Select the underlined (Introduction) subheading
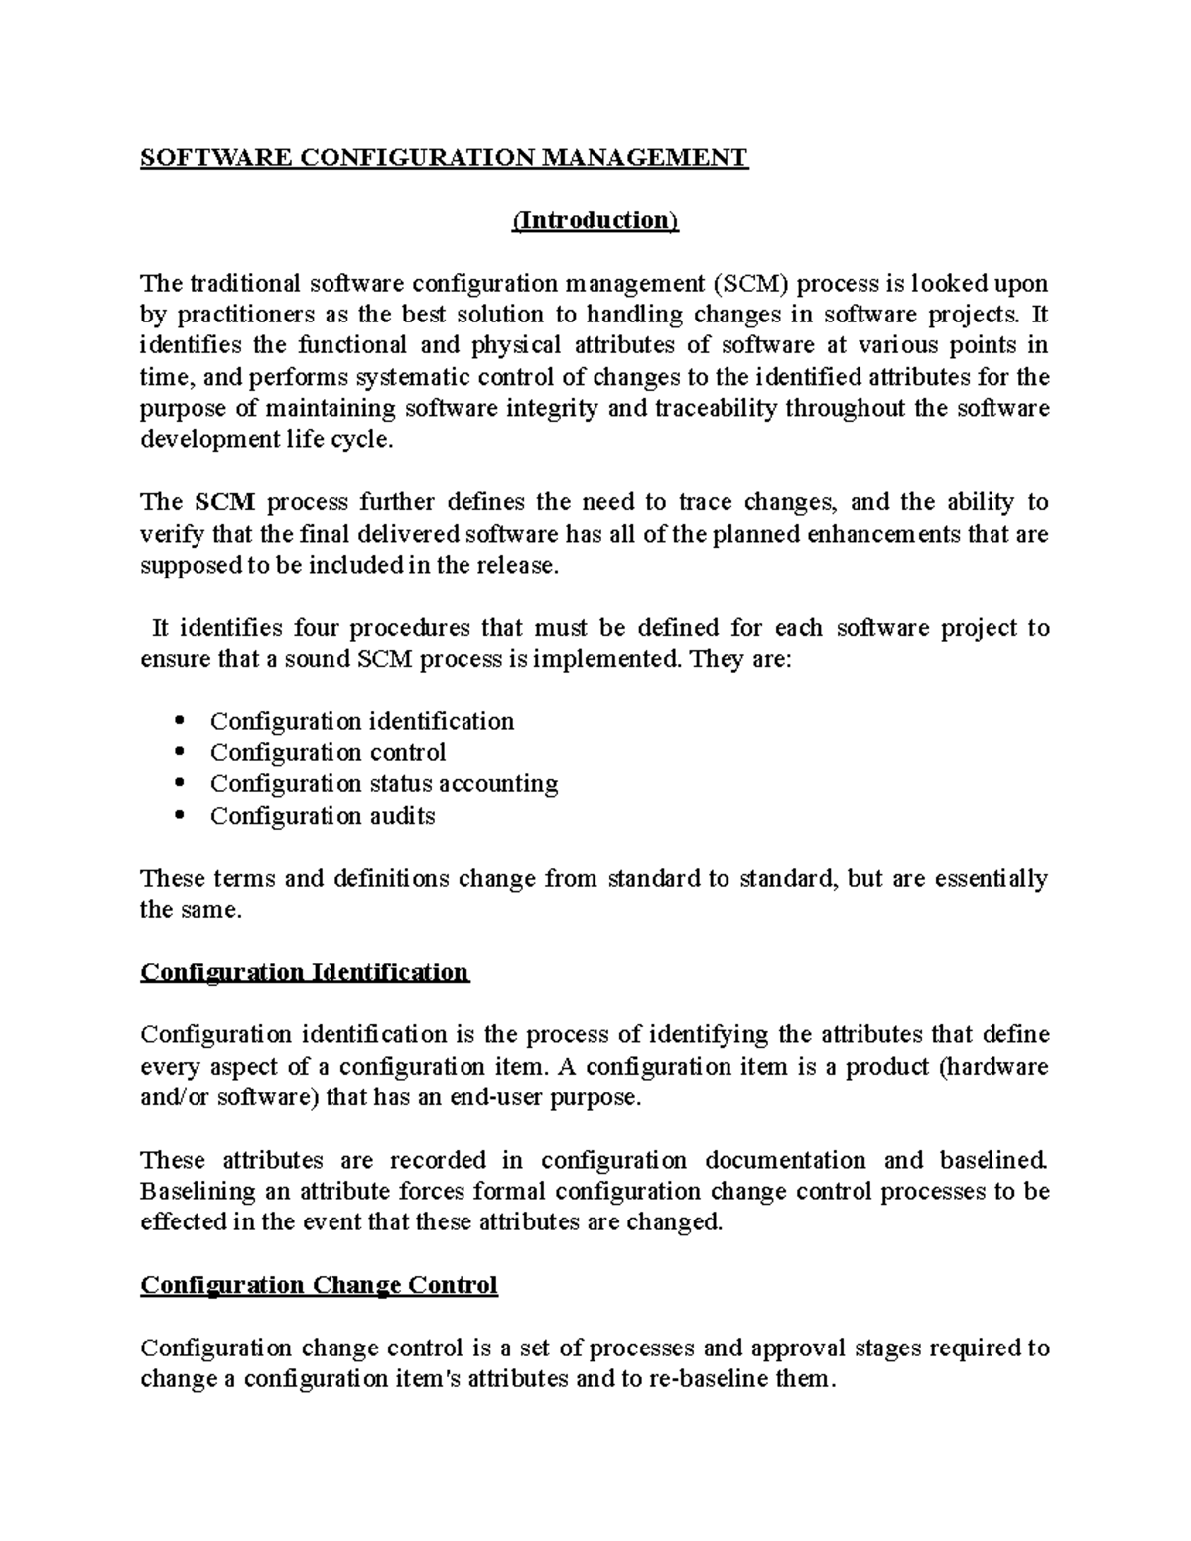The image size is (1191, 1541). tap(595, 220)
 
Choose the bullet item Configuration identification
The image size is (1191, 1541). tap(361, 721)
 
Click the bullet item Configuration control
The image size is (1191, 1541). tap(328, 752)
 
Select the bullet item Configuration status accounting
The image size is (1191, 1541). tap(383, 784)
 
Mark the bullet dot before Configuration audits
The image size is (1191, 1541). tap(179, 816)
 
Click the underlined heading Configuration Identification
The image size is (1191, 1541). tap(304, 972)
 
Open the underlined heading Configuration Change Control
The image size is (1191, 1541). tap(319, 1286)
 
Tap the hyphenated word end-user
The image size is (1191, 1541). tap(491, 1098)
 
